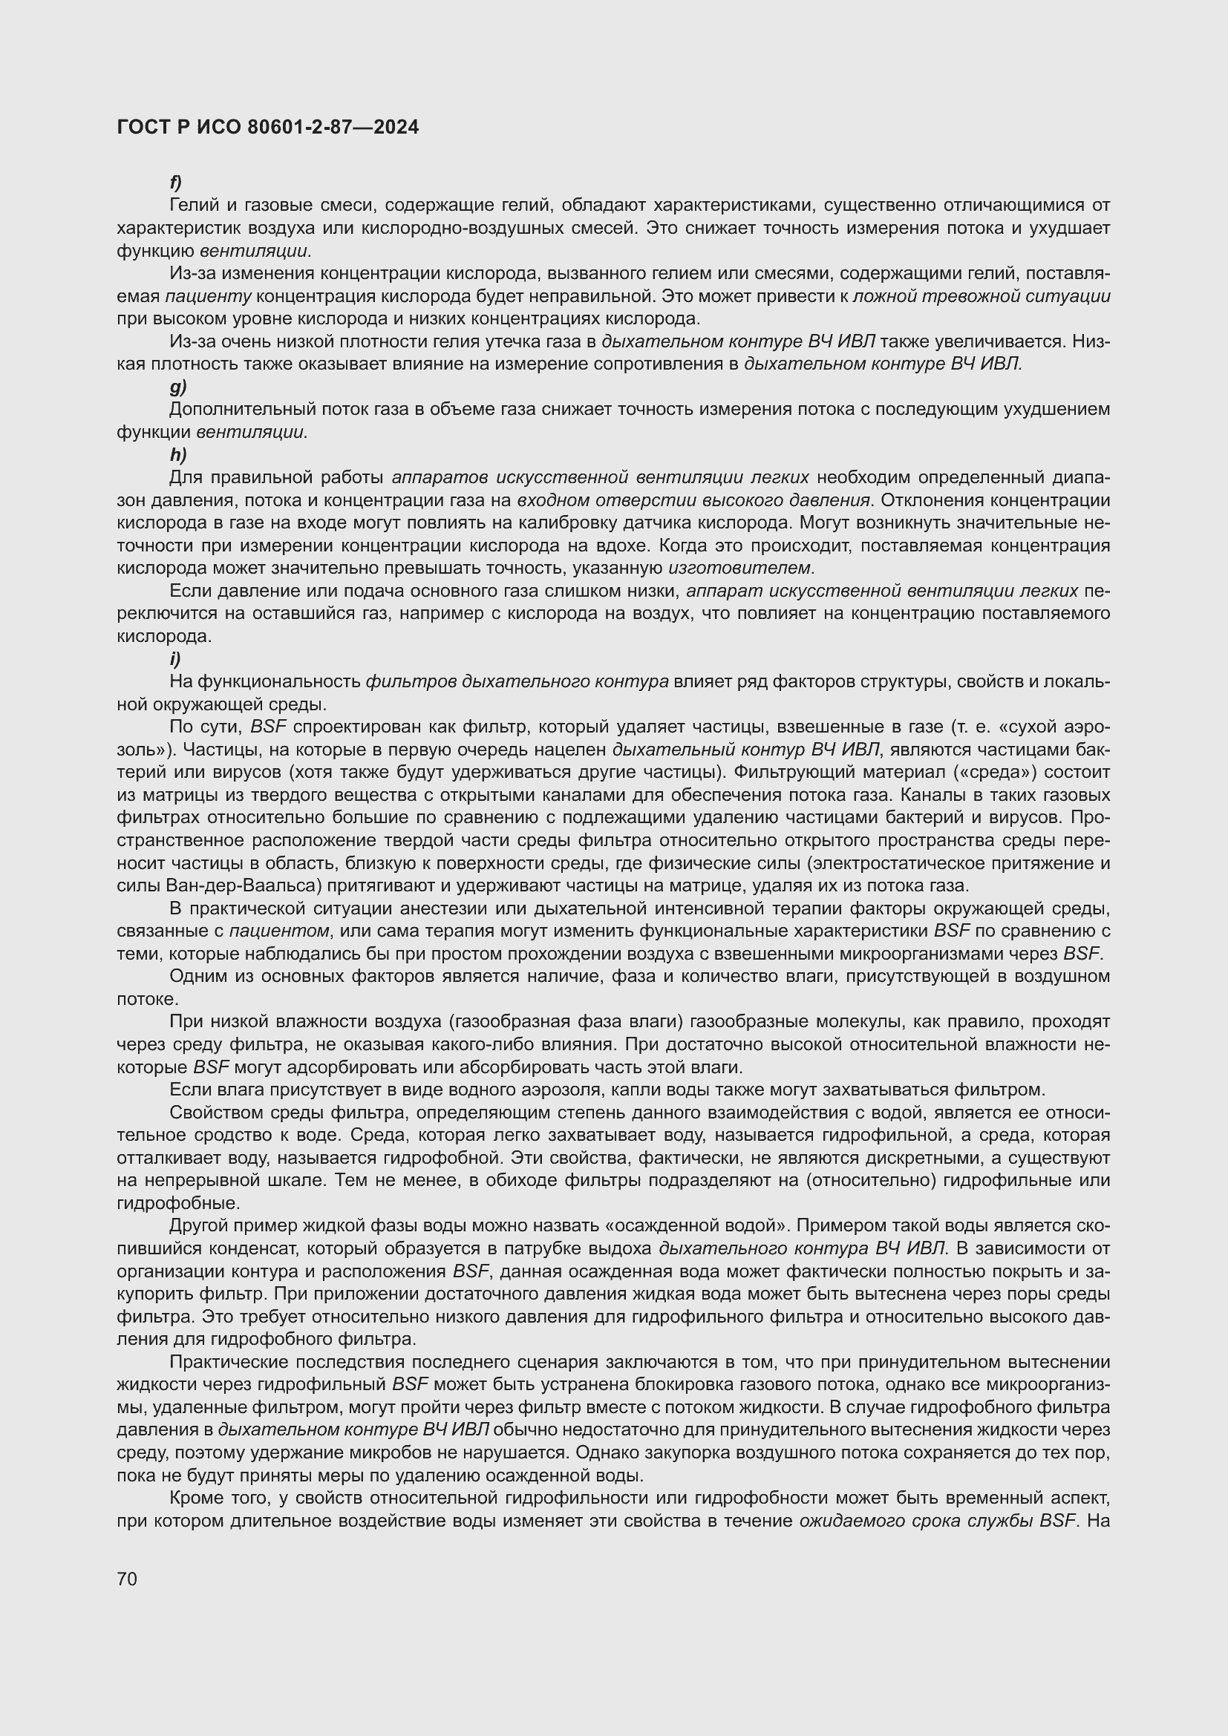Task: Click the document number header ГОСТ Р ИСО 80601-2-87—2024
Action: pos(268,128)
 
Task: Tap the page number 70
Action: pos(127,1579)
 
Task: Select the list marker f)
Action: pos(175,183)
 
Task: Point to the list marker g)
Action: pos(177,387)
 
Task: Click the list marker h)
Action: pos(177,455)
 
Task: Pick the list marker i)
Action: pos(174,658)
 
